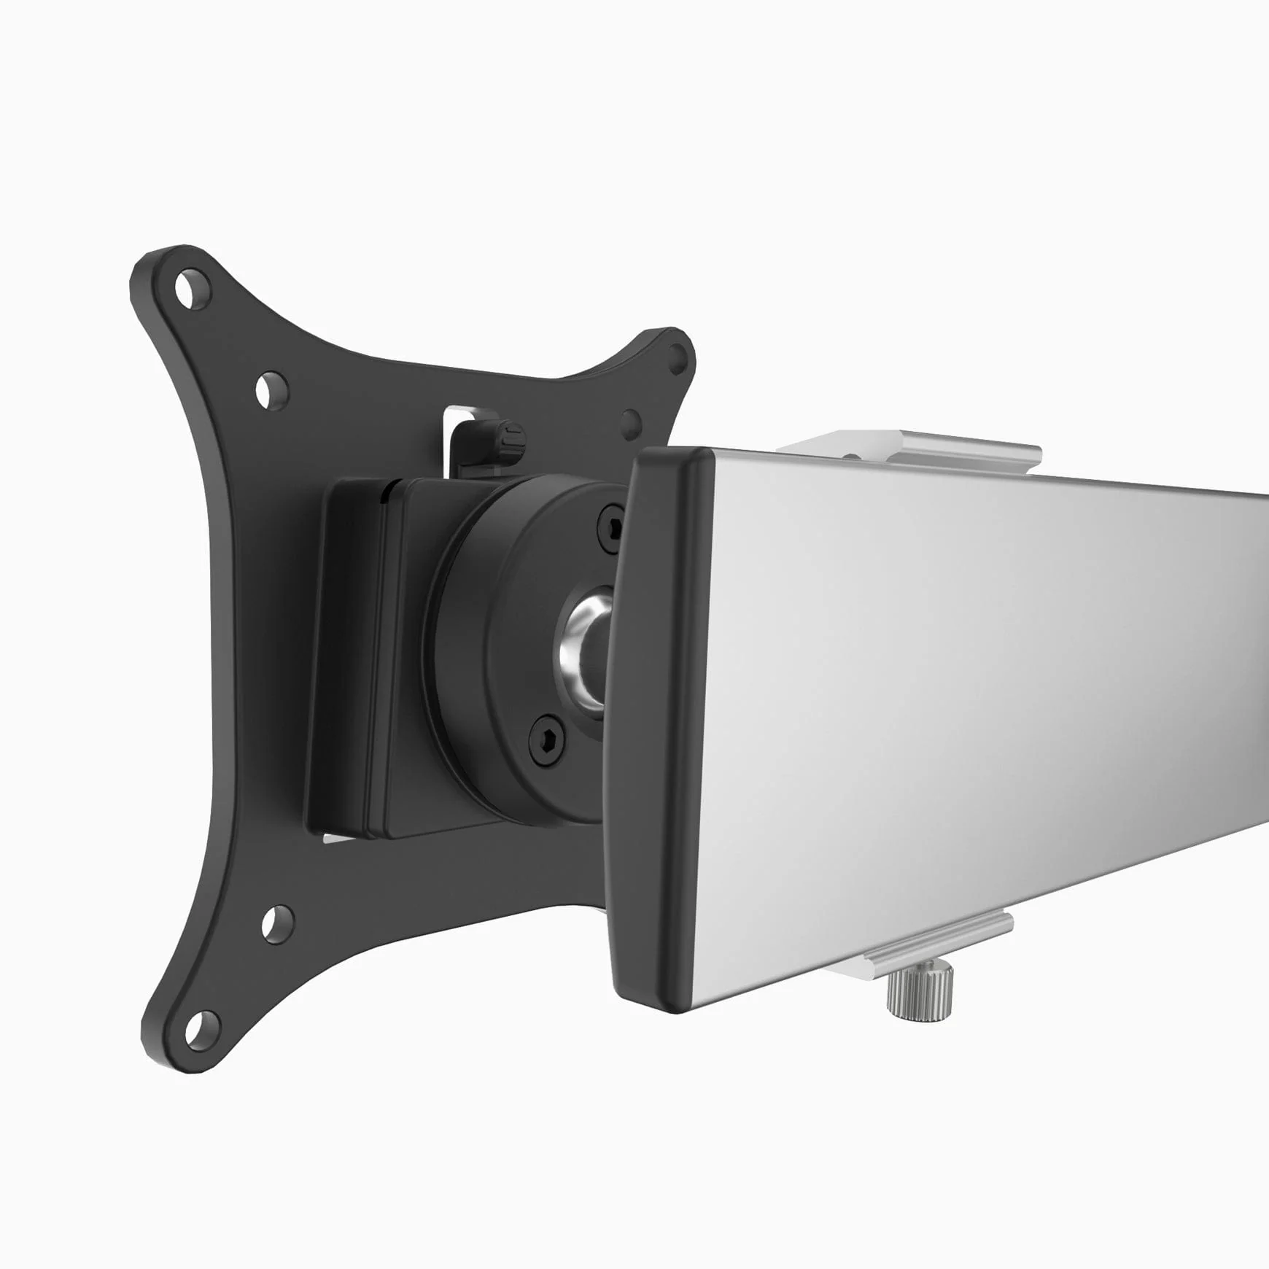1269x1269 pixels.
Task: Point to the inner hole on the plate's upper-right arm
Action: (631, 422)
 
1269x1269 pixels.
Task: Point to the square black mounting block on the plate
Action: (350, 656)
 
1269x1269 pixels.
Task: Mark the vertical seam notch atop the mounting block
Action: (384, 492)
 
